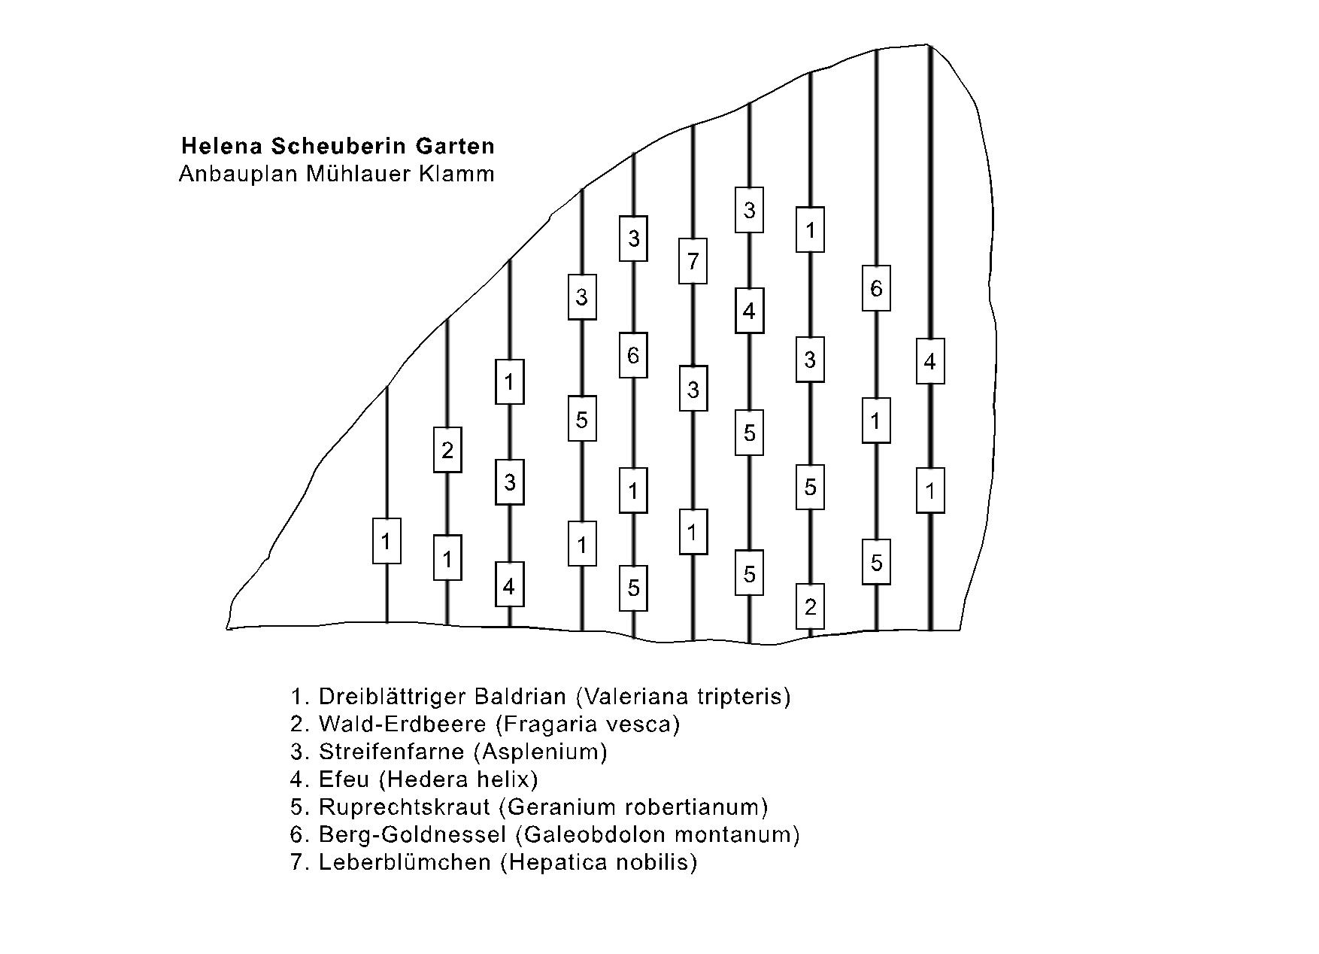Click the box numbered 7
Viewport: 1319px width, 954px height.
coord(693,261)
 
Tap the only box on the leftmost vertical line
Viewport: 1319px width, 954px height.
coord(387,541)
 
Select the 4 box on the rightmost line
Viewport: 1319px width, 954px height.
coord(930,362)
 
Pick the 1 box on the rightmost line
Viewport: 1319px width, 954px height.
coord(930,491)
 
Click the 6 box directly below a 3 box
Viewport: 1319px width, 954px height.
coord(633,355)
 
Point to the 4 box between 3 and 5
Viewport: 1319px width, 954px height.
coord(749,311)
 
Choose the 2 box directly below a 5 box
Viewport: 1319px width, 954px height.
coord(810,606)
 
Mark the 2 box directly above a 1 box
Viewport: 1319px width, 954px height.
coord(447,450)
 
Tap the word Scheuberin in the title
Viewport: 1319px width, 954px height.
coord(326,145)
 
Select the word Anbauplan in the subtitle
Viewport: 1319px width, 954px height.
coord(239,174)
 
